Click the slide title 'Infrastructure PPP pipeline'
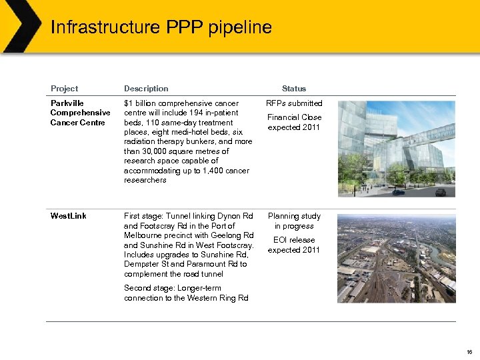point(161,27)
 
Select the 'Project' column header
point(64,89)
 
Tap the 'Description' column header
point(146,89)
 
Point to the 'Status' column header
point(293,89)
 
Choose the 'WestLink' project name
point(69,216)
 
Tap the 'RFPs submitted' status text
point(294,103)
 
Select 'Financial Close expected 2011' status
point(294,122)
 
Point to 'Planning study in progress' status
point(294,221)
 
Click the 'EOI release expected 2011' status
point(294,245)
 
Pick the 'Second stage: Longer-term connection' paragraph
point(186,293)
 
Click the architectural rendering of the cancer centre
point(396,148)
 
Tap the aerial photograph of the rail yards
point(396,258)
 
